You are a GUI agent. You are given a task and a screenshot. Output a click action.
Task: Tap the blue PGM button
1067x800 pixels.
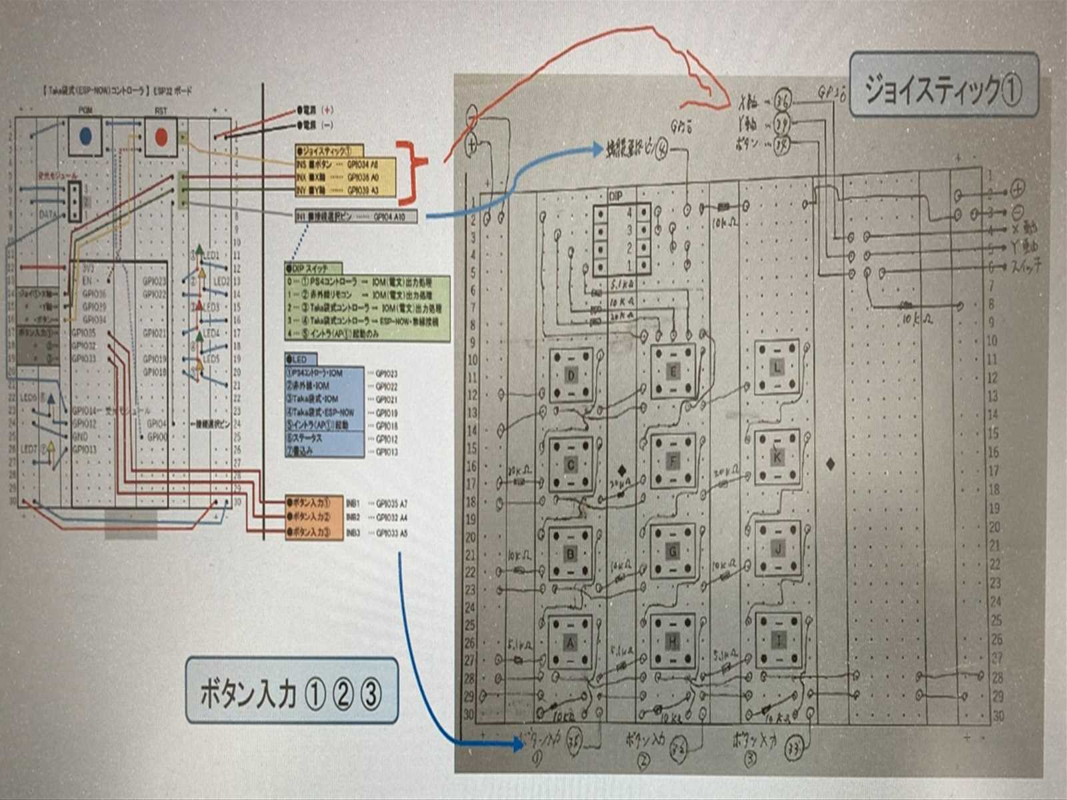click(x=85, y=137)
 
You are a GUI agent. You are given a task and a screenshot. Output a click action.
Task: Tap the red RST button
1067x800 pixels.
click(x=161, y=137)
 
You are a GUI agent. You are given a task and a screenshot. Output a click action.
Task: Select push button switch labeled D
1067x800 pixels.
click(x=570, y=375)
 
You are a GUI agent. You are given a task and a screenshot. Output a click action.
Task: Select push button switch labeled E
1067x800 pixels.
click(x=673, y=371)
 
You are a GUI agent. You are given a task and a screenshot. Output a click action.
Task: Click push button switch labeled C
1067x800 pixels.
click(x=570, y=465)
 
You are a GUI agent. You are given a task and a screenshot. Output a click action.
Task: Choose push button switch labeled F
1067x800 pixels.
click(x=673, y=461)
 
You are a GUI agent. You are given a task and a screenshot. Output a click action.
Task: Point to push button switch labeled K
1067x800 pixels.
click(x=776, y=457)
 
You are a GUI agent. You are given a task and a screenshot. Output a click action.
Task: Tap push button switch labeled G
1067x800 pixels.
click(x=673, y=551)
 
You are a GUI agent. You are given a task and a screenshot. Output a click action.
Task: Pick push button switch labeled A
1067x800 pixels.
click(x=570, y=643)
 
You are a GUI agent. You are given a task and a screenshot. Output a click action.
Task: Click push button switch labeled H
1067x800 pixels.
click(x=673, y=641)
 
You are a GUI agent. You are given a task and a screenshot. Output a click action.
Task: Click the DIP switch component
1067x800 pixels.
click(x=622, y=239)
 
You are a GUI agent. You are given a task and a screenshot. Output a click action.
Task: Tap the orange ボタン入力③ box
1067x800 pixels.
click(x=313, y=533)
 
